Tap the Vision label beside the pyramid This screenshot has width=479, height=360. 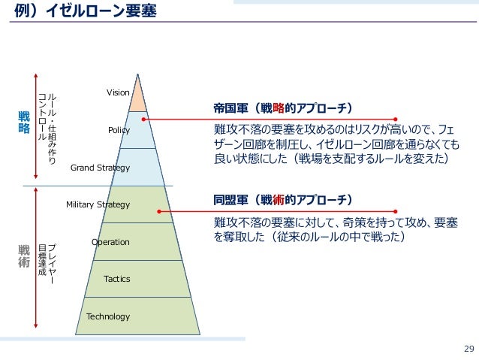pyautogui.click(x=118, y=92)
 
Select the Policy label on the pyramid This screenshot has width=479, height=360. pyautogui.click(x=119, y=130)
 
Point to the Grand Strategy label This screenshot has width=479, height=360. pyautogui.click(x=100, y=168)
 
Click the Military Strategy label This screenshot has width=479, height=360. pyautogui.click(x=98, y=204)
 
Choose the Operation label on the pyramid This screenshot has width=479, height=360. pyautogui.click(x=110, y=242)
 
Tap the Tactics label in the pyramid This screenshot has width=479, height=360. pyautogui.click(x=116, y=279)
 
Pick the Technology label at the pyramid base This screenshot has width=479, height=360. pyautogui.click(x=108, y=316)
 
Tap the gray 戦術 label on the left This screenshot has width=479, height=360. pyautogui.click(x=23, y=257)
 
